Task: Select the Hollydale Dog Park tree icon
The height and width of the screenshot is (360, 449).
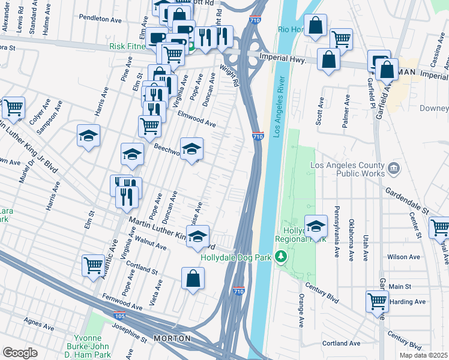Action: point(280,257)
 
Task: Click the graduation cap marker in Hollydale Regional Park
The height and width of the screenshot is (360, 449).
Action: point(316,226)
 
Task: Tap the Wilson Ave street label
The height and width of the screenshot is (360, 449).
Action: point(404,256)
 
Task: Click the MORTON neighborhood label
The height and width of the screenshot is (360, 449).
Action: point(172,338)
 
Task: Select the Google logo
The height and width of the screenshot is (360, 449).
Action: point(20,353)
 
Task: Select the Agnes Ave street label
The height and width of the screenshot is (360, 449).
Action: point(40,324)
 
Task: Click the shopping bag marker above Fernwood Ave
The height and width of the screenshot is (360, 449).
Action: point(193,278)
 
